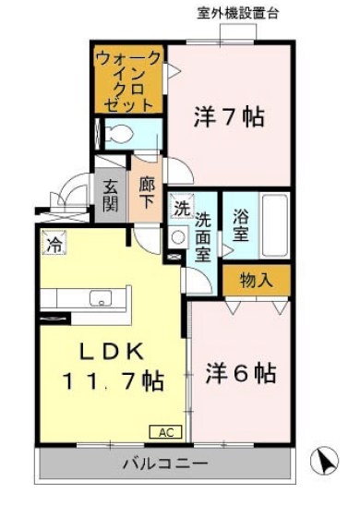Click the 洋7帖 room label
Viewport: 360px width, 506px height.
click(x=229, y=117)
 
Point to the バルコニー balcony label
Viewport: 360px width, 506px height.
click(x=165, y=463)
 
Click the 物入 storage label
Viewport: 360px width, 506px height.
click(x=256, y=279)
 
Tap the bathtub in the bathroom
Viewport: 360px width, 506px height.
click(x=274, y=227)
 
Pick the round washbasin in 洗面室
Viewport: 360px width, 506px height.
click(x=177, y=235)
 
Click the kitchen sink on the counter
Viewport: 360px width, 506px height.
click(x=96, y=297)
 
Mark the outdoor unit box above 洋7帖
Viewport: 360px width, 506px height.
click(x=238, y=31)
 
